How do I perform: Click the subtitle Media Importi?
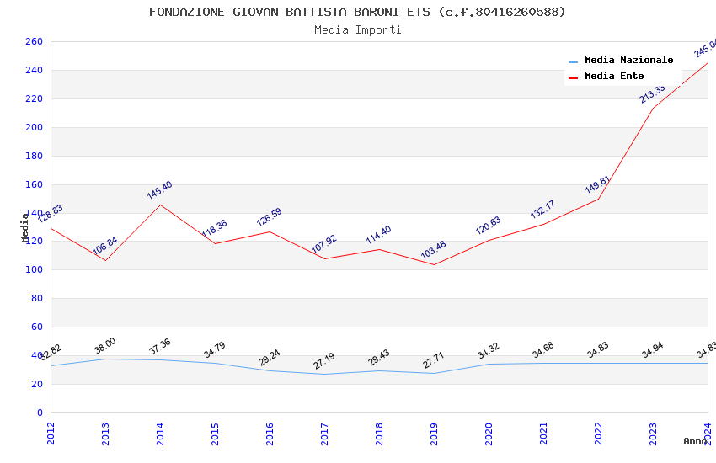coord(357,30)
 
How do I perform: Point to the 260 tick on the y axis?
coord(34,42)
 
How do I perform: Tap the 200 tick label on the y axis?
coord(34,128)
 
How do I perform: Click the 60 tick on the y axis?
coord(36,327)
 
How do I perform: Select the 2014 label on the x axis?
coord(160,434)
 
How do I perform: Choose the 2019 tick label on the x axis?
coord(434,434)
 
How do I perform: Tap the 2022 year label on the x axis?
coord(598,434)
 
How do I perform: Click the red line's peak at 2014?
coord(160,205)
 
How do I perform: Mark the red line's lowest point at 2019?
coord(434,265)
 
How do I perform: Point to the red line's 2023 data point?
coord(653,108)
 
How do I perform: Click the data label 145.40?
coord(159,190)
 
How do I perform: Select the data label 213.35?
coord(652,93)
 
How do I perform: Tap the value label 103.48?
coord(433,250)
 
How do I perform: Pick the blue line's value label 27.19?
coord(324,361)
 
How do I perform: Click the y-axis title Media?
coord(25,227)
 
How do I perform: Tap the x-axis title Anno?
coord(695,441)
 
